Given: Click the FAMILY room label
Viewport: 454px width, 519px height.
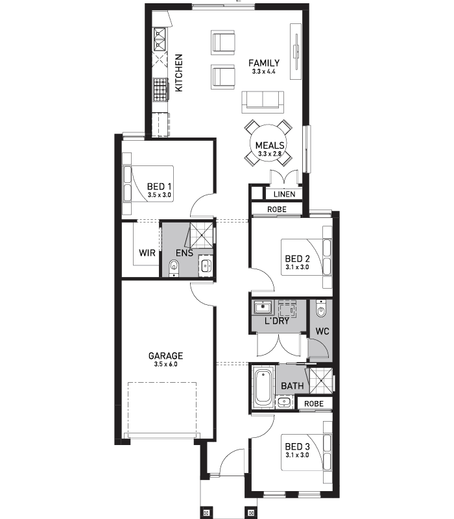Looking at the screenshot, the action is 264,63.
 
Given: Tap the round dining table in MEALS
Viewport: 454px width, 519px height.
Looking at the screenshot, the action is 269,143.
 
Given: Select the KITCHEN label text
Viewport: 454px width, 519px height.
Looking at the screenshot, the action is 178,73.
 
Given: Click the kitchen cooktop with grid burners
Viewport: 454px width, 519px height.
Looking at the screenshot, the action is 160,90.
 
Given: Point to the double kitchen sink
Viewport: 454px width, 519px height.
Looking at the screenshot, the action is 160,40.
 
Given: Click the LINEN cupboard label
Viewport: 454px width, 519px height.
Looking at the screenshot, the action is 285,194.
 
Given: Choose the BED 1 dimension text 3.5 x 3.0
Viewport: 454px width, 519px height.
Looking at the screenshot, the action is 159,195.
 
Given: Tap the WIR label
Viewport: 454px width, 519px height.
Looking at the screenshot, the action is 147,253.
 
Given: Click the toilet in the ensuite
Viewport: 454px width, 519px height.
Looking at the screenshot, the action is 174,267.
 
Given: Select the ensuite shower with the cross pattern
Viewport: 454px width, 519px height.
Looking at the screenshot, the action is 201,235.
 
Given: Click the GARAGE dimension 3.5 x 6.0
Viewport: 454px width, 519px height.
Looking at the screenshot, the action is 165,365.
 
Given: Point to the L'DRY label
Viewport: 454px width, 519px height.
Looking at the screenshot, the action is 277,320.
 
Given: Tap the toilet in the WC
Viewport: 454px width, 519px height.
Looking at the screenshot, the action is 320,309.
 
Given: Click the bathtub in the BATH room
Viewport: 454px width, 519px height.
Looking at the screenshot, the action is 263,387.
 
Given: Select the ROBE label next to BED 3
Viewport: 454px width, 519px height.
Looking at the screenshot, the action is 314,404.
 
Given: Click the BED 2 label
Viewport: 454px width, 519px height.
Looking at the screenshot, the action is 297,258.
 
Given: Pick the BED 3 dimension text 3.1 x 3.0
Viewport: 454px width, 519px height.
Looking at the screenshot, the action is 297,455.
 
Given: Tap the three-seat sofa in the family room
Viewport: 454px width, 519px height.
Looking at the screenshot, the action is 263,102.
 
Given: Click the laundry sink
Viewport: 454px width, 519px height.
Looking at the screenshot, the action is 263,307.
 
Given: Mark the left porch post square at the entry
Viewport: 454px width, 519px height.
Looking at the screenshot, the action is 206,513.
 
